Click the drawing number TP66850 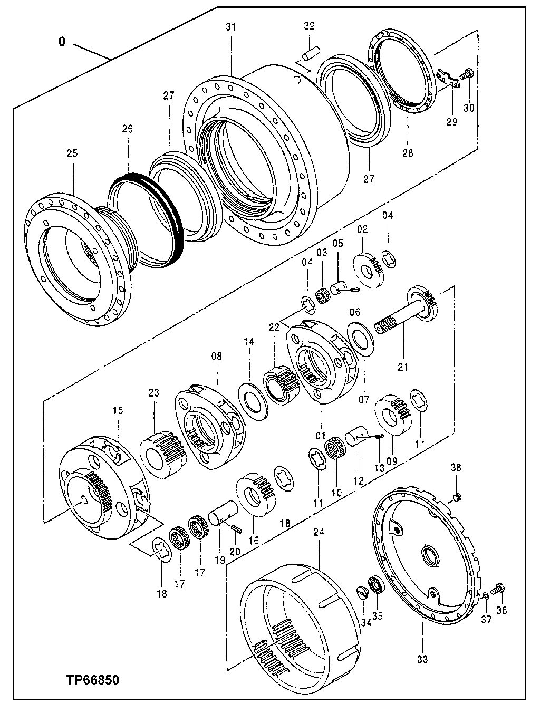point(92,680)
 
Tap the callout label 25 point(72,153)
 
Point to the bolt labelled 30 point(466,75)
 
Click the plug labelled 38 point(457,496)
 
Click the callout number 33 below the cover point(423,659)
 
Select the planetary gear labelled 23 point(162,454)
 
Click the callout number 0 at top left point(62,42)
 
